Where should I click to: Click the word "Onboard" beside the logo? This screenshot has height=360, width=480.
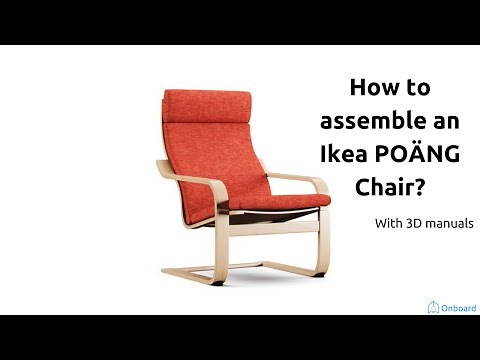click(x=458, y=307)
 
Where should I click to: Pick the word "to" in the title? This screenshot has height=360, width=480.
click(x=415, y=89)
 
